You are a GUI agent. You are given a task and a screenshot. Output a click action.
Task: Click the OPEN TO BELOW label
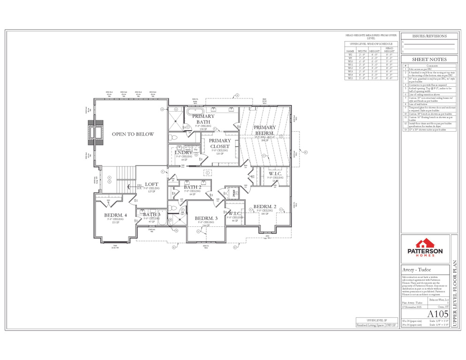tap(132, 134)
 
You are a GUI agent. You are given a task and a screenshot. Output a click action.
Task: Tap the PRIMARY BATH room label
tap(203, 119)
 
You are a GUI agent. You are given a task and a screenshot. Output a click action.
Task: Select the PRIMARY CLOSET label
tap(219, 143)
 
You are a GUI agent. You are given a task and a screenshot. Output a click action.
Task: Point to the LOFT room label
tap(151, 184)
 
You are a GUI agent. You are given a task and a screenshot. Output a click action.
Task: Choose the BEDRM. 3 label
tap(206, 218)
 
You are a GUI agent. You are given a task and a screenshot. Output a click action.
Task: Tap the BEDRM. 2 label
tap(265, 207)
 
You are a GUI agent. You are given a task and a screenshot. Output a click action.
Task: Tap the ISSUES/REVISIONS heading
tap(429, 36)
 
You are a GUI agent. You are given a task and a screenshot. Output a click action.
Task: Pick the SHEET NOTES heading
tap(429, 60)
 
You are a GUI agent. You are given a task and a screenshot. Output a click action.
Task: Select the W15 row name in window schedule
tap(350, 78)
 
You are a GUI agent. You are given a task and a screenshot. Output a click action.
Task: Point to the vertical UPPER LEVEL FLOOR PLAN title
tap(454, 281)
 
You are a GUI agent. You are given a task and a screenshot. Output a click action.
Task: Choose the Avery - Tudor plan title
tap(415, 270)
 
